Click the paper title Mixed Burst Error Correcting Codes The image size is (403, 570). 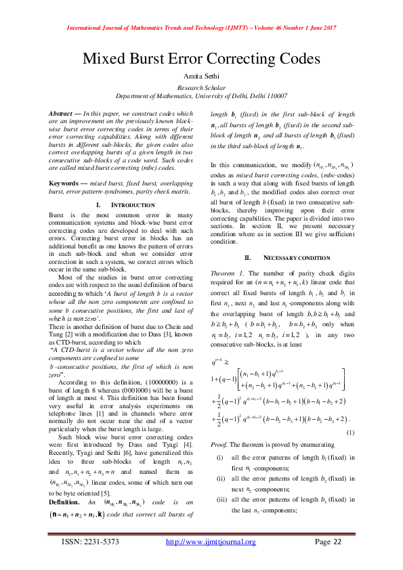(201, 58)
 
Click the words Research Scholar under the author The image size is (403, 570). (201, 89)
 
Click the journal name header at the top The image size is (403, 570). (201, 28)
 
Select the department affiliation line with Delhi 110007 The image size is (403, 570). (201, 97)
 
